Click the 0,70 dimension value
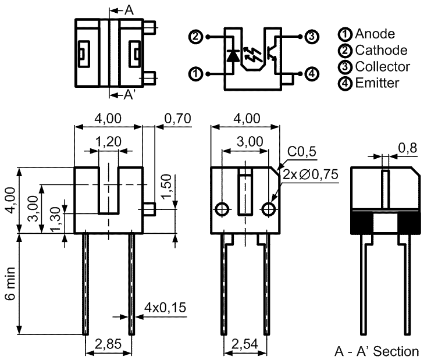[x=177, y=119]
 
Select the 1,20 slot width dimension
[x=108, y=141]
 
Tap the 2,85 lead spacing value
[x=108, y=344]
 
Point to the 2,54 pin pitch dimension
[x=244, y=344]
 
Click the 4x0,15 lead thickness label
[x=165, y=308]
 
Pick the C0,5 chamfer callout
[x=302, y=151]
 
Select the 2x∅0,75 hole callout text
[x=311, y=174]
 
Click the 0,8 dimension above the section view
[x=408, y=148]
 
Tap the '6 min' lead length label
[x=10, y=284]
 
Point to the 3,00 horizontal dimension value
[x=250, y=141]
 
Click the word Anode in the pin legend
[x=375, y=34]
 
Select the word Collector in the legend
[x=382, y=67]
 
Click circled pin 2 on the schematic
[x=195, y=37]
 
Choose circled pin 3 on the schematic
[x=312, y=37]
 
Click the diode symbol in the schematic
[x=233, y=55]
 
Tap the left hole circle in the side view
[x=222, y=210]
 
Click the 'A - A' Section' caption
[x=376, y=351]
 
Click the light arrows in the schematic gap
[x=251, y=55]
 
